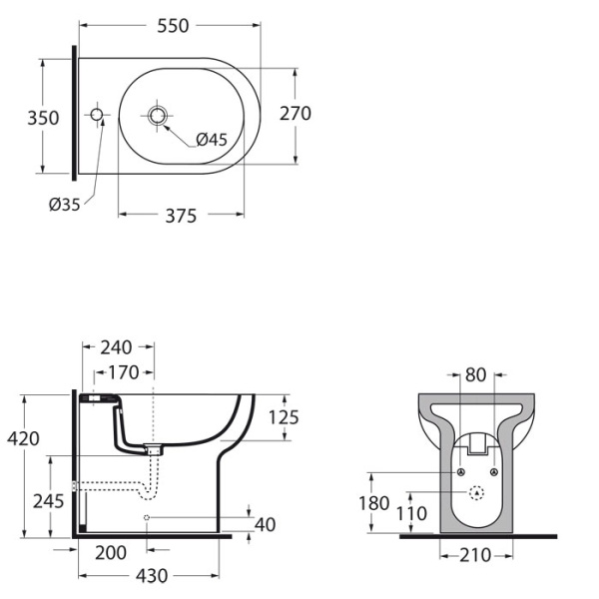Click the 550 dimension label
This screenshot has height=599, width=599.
(173, 27)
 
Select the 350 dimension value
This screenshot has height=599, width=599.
(43, 117)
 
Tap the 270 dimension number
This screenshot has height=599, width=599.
(295, 114)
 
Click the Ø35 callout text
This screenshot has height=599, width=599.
(64, 205)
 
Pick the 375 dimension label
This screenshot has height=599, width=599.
(181, 216)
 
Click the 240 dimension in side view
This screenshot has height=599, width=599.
(117, 347)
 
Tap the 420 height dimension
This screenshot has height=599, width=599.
(23, 437)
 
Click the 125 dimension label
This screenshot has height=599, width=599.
(284, 417)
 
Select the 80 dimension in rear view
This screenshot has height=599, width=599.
(475, 376)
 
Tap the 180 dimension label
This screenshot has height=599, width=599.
(373, 503)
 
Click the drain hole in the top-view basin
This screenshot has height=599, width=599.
(158, 116)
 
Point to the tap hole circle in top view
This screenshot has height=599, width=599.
(97, 116)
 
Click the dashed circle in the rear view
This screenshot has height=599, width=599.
(476, 492)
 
